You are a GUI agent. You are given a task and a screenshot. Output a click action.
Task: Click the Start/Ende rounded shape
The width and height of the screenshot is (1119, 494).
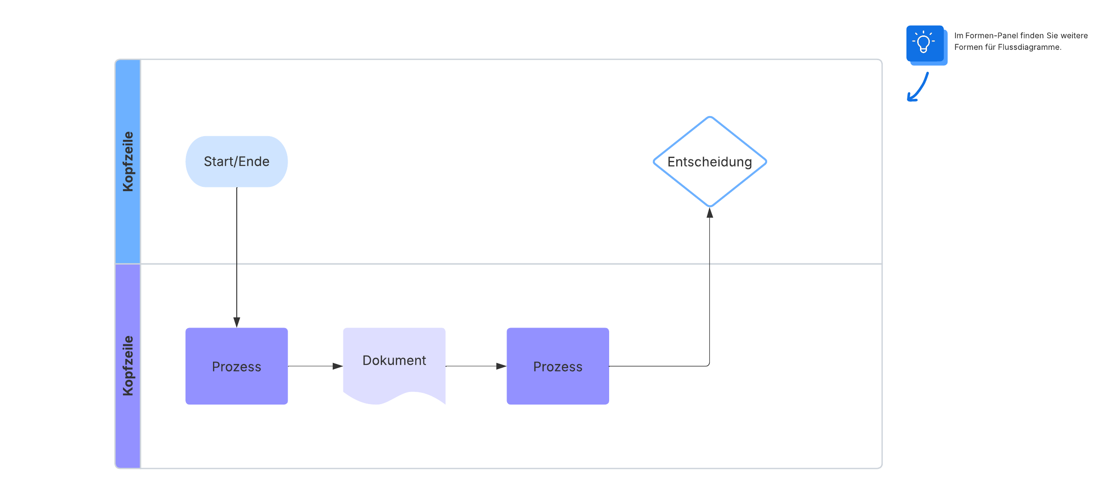[236, 161]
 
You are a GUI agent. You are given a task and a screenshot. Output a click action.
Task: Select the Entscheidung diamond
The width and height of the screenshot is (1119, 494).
[709, 162]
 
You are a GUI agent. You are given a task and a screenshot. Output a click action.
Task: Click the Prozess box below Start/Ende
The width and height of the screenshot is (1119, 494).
[236, 366]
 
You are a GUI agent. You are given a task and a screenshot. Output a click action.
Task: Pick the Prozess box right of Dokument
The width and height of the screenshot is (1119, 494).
[557, 366]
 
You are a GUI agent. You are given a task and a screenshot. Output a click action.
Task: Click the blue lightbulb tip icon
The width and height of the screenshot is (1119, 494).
[925, 43]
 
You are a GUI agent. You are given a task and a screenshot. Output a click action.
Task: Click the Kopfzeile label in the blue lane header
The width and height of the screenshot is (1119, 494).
[128, 161]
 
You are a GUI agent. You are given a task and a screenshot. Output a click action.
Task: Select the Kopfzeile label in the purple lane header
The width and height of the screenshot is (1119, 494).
[128, 366]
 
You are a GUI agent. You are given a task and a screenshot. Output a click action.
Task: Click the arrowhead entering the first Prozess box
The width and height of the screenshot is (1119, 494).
[237, 322]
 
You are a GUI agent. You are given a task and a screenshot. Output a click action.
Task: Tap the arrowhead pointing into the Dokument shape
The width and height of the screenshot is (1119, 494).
[337, 366]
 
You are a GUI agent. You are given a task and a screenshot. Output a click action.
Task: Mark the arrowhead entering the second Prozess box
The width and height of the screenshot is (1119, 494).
[501, 366]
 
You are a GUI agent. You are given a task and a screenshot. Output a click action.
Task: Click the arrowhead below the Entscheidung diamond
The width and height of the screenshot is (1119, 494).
[709, 213]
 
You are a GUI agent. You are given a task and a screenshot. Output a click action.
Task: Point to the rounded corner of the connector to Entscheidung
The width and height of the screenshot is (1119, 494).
[708, 365]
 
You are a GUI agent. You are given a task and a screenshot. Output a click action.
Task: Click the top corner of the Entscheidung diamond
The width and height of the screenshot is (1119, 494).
[709, 117]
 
